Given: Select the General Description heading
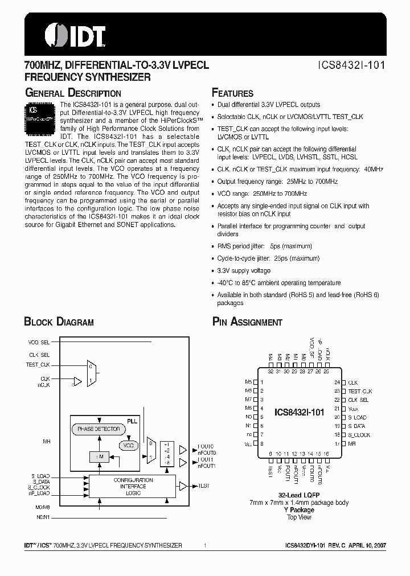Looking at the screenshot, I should point(72,93).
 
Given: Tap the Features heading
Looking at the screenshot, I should point(232,93).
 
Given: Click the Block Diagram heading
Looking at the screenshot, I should point(59,322).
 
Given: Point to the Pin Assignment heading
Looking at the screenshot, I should point(247,322).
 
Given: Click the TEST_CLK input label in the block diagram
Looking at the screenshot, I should point(39,364).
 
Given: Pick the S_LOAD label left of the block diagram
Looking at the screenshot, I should point(40,476).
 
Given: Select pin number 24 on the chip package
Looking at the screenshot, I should point(337,382).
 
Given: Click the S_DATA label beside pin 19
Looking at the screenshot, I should point(357,426).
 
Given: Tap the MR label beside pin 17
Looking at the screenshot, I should point(352,443).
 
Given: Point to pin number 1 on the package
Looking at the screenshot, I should point(261,382).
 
